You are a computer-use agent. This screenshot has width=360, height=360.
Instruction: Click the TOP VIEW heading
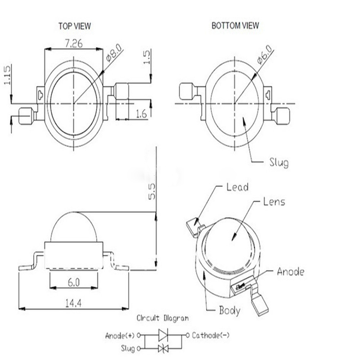click(75, 26)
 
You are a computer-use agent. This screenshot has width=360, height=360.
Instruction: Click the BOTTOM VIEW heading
click(235, 26)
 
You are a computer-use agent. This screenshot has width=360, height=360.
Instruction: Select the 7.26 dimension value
click(74, 43)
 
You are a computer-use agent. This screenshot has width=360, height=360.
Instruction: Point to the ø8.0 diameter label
click(114, 53)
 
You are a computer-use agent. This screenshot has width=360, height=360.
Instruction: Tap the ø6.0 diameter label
click(265, 54)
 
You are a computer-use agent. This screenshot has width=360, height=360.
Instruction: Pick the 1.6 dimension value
click(141, 114)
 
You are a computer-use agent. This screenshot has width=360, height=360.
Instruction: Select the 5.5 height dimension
click(152, 191)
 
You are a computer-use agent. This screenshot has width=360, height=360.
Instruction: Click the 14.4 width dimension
click(73, 303)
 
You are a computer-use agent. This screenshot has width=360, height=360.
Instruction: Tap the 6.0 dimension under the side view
click(74, 283)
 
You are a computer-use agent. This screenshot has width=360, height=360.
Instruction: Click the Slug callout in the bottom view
click(279, 162)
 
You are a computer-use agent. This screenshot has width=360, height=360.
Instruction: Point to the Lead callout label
click(238, 187)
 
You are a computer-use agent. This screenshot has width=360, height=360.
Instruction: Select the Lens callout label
click(274, 202)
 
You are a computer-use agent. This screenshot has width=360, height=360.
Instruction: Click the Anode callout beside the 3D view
click(291, 271)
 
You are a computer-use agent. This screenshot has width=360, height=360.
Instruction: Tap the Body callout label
click(229, 310)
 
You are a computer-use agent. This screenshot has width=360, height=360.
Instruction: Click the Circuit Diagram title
click(162, 318)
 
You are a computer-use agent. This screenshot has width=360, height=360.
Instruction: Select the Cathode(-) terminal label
click(211, 335)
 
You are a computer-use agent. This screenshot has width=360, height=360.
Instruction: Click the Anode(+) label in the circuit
click(120, 336)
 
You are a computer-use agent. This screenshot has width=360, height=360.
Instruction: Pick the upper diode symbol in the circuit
click(163, 335)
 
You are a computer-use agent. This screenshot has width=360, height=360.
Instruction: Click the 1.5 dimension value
click(147, 57)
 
